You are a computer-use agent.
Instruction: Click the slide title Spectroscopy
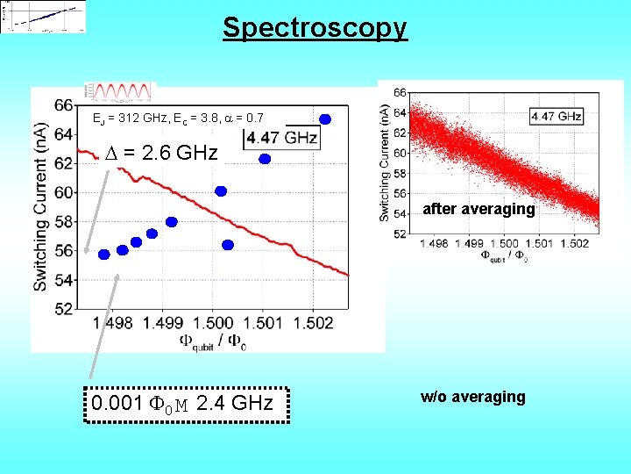[315, 27]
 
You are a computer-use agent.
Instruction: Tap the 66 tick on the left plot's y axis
[63, 105]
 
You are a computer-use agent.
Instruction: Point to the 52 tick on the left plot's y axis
[63, 309]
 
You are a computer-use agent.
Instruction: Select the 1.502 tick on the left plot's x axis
[314, 323]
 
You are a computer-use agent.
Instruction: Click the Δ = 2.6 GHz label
[161, 153]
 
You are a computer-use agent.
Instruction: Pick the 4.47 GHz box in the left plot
[282, 138]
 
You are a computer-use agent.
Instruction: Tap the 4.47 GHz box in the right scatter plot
[556, 116]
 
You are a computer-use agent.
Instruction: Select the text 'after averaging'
[479, 209]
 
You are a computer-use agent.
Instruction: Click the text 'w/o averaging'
[473, 397]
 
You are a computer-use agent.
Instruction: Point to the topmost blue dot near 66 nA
[325, 119]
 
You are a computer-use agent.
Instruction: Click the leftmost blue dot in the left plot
[103, 255]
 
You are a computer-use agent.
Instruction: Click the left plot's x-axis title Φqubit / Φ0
[213, 342]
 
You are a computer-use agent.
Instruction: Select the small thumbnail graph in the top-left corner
[44, 17]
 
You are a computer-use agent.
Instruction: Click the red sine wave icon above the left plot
[120, 91]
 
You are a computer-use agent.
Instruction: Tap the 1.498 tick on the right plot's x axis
[434, 243]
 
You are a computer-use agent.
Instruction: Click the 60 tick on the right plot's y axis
[399, 153]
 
